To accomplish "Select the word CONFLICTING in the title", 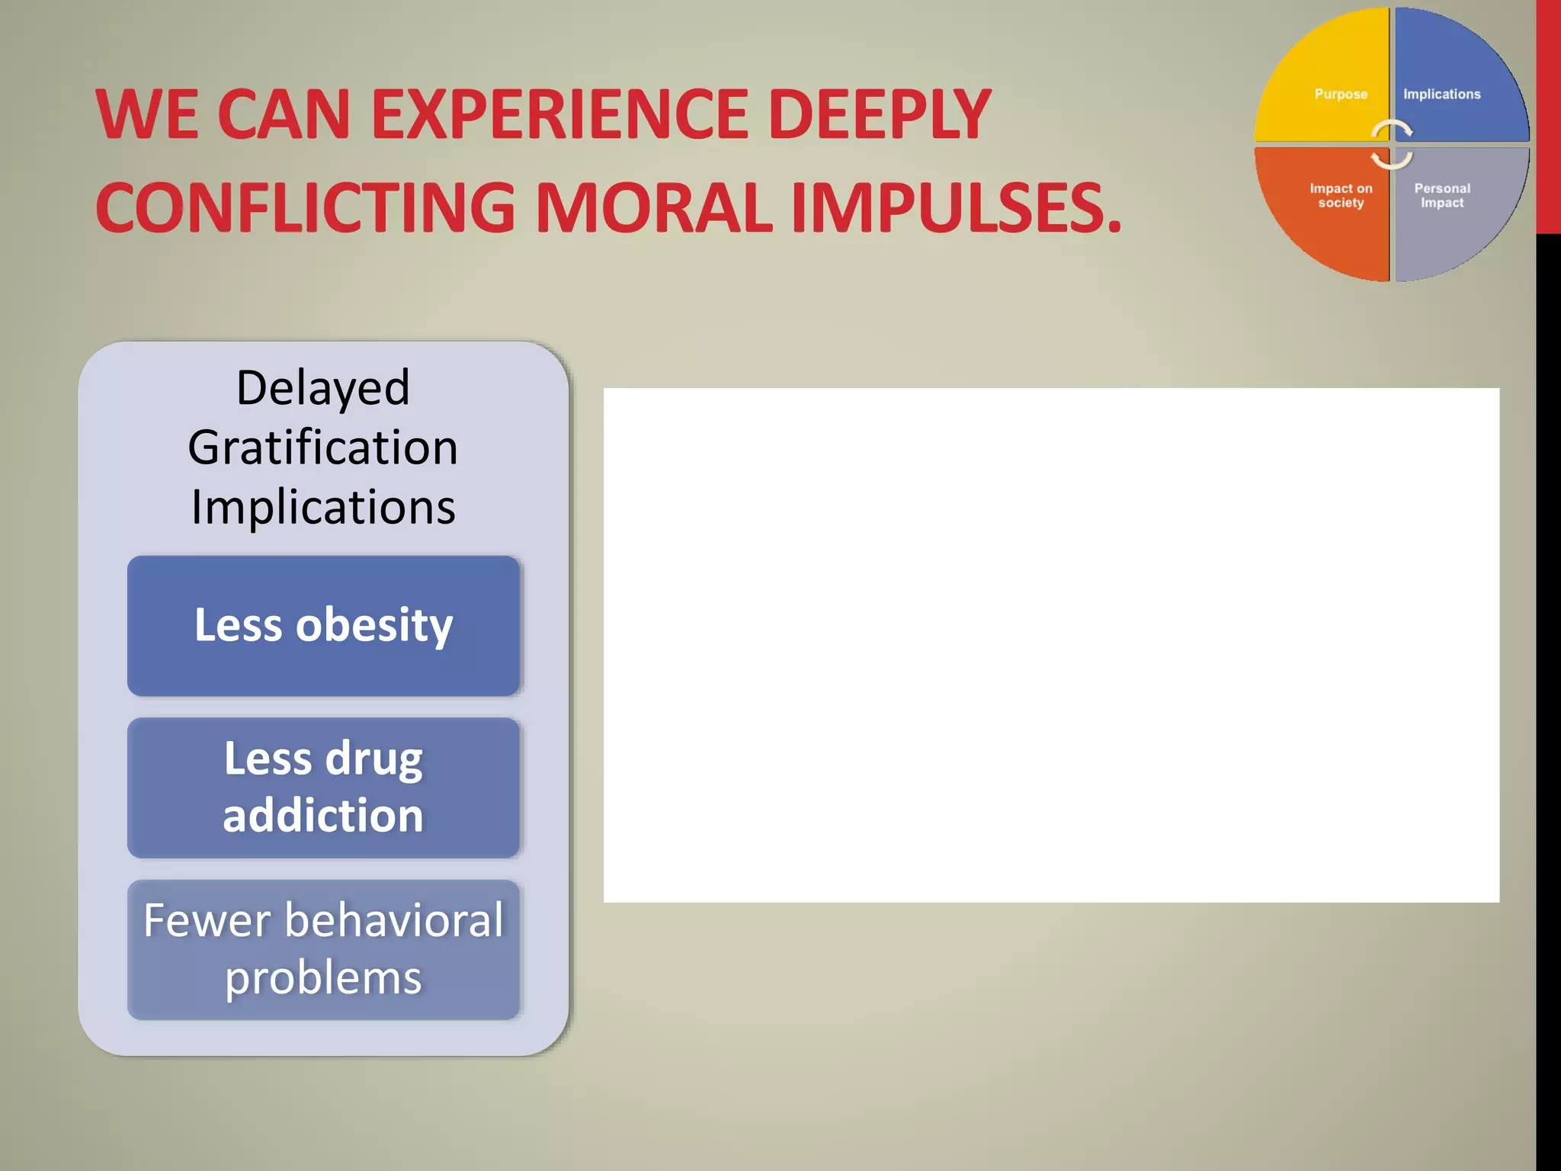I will pyautogui.click(x=305, y=207).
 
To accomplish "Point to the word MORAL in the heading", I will pyautogui.click(x=654, y=207).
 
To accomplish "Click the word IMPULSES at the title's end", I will pyautogui.click(x=957, y=207).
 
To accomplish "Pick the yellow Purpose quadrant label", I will pyautogui.click(x=1341, y=94).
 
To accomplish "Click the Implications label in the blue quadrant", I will pyautogui.click(x=1441, y=94).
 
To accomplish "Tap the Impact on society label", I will pyautogui.click(x=1341, y=195).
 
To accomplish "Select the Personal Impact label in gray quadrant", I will pyautogui.click(x=1441, y=195).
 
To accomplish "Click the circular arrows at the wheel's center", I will pyautogui.click(x=1392, y=144).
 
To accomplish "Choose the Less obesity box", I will pyautogui.click(x=323, y=625).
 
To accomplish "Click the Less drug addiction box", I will pyautogui.click(x=323, y=787).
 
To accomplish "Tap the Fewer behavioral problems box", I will pyautogui.click(x=323, y=949).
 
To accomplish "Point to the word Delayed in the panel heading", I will pyautogui.click(x=323, y=387).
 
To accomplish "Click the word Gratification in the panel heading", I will pyautogui.click(x=323, y=448).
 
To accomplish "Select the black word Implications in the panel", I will pyautogui.click(x=323, y=507).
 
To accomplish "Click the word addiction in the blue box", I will pyautogui.click(x=323, y=816).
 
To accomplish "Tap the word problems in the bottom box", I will pyautogui.click(x=323, y=978).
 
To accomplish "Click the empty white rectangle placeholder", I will pyautogui.click(x=1051, y=645).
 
